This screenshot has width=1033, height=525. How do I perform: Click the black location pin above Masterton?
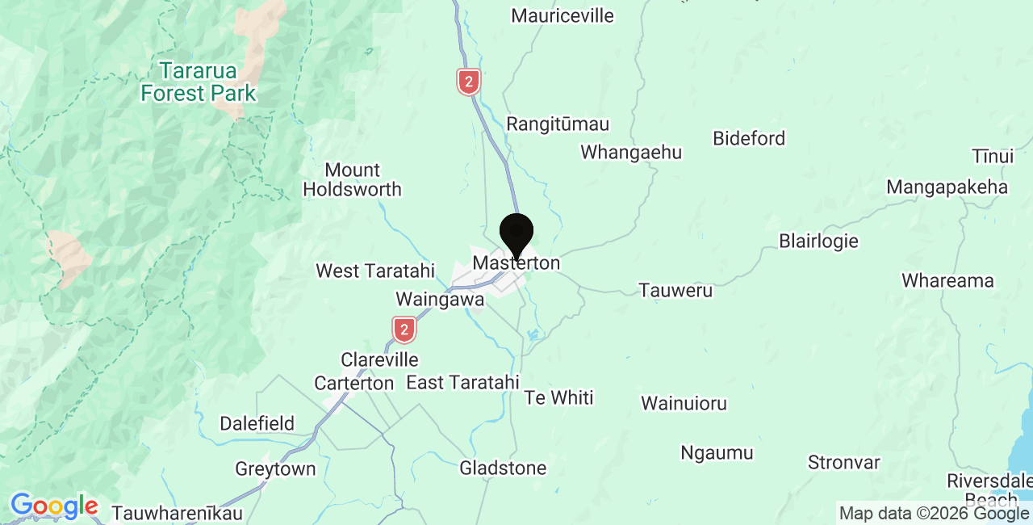click(516, 233)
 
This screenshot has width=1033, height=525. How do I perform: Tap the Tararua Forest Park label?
click(198, 82)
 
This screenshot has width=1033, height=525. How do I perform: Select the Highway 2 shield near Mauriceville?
click(468, 82)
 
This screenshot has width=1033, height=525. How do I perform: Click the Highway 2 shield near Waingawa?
click(404, 330)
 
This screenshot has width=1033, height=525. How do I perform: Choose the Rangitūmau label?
click(558, 124)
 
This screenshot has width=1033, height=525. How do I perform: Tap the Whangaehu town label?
click(631, 152)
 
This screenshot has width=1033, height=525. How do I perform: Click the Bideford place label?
click(749, 138)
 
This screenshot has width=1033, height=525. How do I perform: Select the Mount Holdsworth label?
click(352, 180)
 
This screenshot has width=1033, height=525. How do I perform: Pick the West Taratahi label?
click(375, 271)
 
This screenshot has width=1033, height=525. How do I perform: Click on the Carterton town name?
click(353, 384)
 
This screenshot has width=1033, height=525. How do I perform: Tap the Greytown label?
click(275, 468)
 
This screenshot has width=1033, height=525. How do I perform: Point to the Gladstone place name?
click(503, 468)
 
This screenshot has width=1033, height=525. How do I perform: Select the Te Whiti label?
click(558, 397)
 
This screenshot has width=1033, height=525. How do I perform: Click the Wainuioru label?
click(684, 403)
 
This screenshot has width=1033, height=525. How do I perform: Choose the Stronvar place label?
click(844, 463)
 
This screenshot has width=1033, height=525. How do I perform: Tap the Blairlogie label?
click(818, 241)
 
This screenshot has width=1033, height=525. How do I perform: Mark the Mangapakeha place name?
click(947, 187)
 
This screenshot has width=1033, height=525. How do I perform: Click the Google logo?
click(53, 506)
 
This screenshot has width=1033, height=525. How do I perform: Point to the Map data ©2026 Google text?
click(934, 513)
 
